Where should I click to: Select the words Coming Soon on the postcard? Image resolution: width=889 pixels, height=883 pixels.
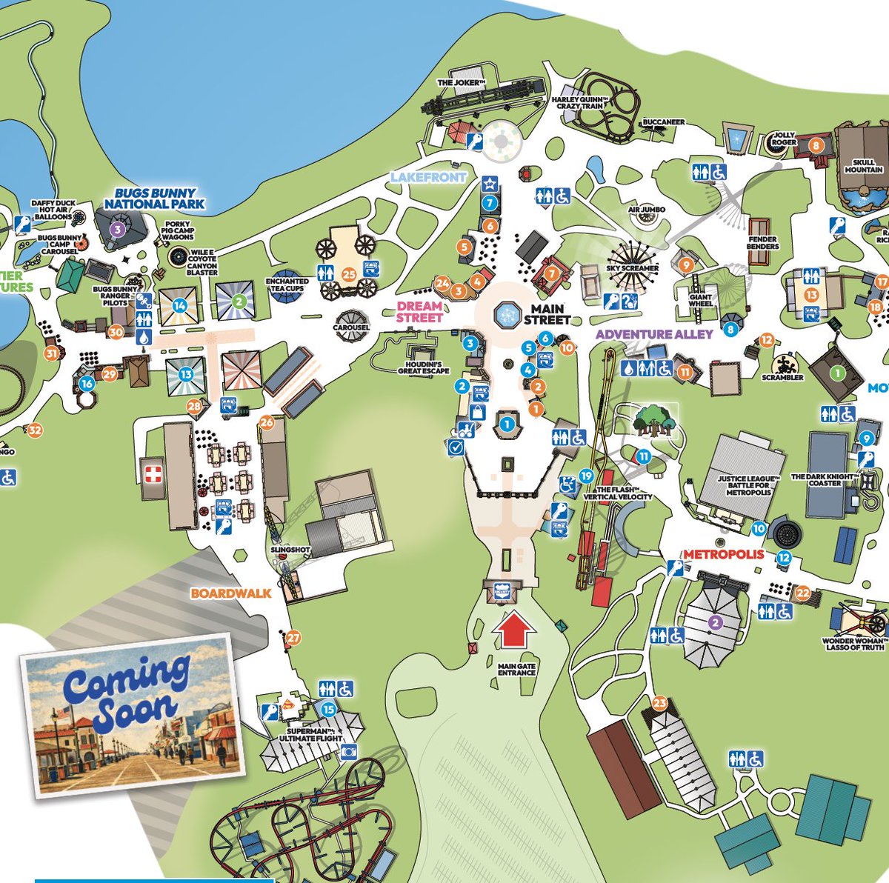[125, 689]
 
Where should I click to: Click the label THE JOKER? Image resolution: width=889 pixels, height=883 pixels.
[460, 83]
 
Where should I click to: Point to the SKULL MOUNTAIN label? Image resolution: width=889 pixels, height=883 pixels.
[864, 165]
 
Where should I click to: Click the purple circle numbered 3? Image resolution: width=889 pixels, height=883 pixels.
[117, 228]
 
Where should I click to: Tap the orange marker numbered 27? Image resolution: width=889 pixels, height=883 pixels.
[294, 637]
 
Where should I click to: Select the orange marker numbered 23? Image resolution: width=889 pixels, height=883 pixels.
[659, 702]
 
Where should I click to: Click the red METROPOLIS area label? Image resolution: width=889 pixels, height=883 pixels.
[723, 554]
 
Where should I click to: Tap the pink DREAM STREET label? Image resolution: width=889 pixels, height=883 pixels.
[419, 311]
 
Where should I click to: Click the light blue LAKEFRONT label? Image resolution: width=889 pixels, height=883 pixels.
[429, 178]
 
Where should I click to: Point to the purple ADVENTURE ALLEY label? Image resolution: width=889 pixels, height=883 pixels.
[654, 334]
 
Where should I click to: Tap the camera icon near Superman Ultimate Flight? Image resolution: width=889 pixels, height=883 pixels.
[348, 752]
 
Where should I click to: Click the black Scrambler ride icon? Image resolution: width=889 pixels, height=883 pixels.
[787, 364]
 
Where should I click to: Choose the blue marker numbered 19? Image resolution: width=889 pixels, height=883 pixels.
[587, 476]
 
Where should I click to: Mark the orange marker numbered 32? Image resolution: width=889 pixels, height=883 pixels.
[35, 430]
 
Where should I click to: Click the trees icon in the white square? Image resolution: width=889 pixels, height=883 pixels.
[654, 421]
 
